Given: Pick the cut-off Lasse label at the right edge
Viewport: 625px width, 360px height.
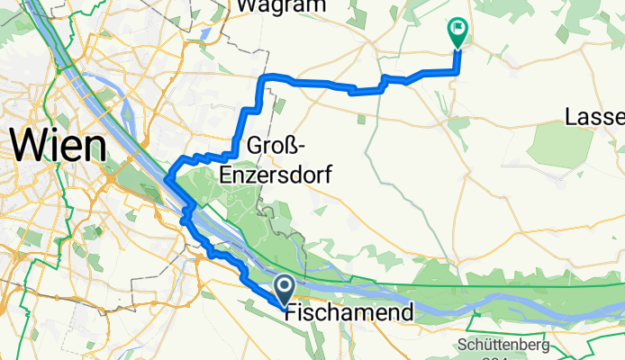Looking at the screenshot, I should click(594, 118).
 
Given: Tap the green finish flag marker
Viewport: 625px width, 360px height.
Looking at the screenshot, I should click(457, 32).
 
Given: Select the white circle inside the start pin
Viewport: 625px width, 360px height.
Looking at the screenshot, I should click(283, 286).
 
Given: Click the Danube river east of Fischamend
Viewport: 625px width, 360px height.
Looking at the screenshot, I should click(504, 307).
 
